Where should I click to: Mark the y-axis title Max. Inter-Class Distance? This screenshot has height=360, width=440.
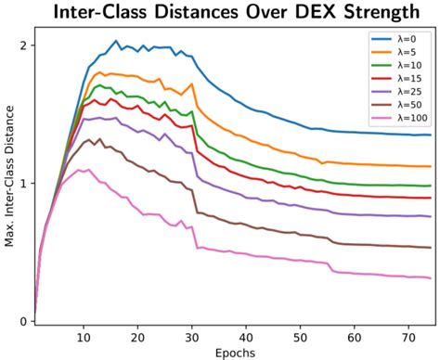tap(10, 181)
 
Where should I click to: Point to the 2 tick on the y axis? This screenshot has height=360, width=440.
tap(21, 45)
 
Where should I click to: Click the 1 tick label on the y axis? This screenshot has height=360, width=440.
tap(21, 183)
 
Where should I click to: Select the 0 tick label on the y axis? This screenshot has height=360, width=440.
tap(21, 321)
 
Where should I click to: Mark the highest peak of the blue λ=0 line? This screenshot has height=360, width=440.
tap(116, 41)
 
